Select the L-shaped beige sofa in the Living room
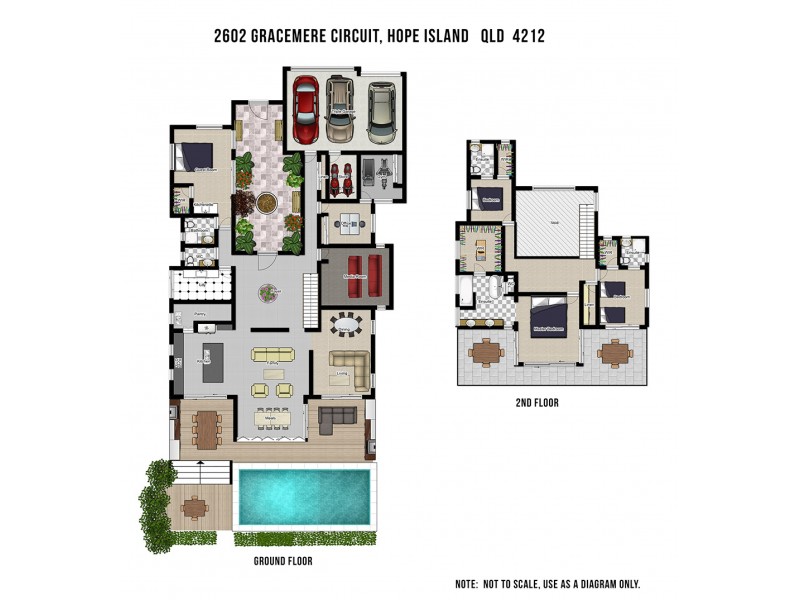(346, 367)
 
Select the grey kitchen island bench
(211, 362)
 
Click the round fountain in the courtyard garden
(265, 203)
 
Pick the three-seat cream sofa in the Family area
(274, 354)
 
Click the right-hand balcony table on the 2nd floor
(615, 353)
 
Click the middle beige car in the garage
(341, 110)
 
